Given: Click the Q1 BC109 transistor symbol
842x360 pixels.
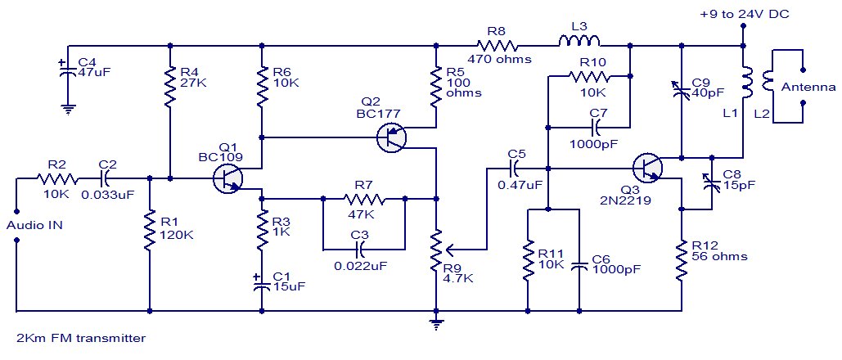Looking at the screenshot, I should click(228, 178).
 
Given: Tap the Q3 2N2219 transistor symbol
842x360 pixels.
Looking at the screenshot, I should click(648, 169).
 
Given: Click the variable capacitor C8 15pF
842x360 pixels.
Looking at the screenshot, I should click(710, 182).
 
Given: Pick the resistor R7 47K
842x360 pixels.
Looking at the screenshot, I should click(364, 197).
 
